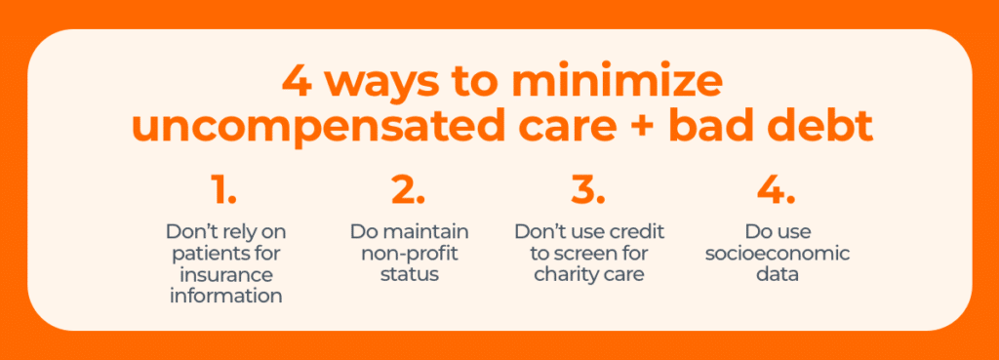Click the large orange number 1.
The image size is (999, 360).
[x=223, y=190]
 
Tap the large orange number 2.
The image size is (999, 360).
[x=408, y=190]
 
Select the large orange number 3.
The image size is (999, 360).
[x=588, y=190]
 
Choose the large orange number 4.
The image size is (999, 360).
[x=776, y=190]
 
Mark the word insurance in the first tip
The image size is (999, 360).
[x=225, y=274]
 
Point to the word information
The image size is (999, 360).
[x=225, y=295]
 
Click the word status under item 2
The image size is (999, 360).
[x=409, y=274]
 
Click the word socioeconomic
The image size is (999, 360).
[x=775, y=254]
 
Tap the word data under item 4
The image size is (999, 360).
[x=775, y=274]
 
